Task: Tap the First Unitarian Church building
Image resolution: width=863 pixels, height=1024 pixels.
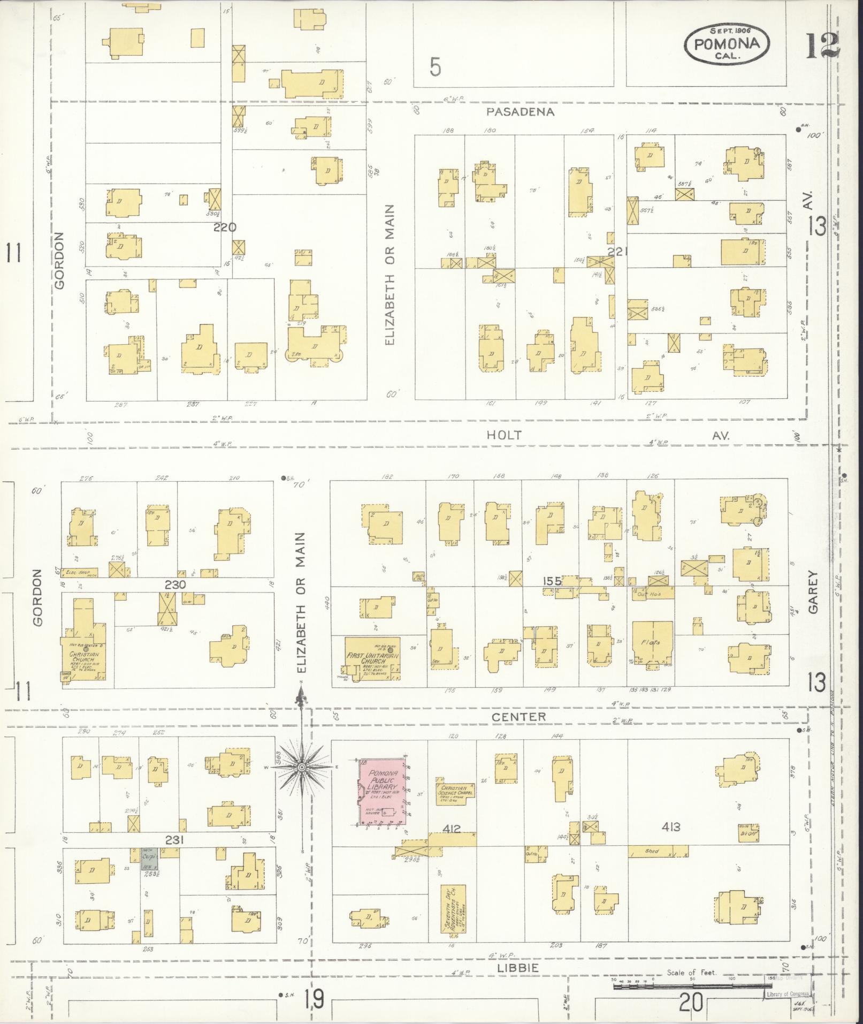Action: click(x=373, y=658)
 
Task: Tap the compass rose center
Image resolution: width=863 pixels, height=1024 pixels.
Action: click(x=301, y=767)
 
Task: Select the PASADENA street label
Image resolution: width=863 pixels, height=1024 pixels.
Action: click(x=520, y=112)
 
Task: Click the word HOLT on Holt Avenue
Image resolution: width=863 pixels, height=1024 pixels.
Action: click(x=503, y=436)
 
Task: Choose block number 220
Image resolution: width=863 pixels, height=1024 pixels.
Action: click(x=225, y=227)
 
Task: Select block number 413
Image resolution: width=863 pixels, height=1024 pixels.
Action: click(x=670, y=828)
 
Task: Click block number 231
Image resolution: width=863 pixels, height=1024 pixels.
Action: click(x=174, y=840)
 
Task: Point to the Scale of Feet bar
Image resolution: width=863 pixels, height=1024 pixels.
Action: click(x=690, y=985)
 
